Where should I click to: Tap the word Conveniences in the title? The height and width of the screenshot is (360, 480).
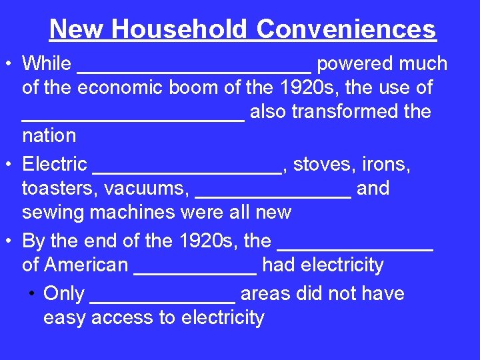[346, 29]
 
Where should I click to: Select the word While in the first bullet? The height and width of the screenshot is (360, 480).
[47, 64]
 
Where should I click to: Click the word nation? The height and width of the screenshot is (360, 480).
[49, 136]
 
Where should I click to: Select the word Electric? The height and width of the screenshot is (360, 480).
[55, 164]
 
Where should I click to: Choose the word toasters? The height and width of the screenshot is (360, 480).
[59, 189]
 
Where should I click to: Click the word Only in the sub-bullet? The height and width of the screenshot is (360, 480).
[63, 294]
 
